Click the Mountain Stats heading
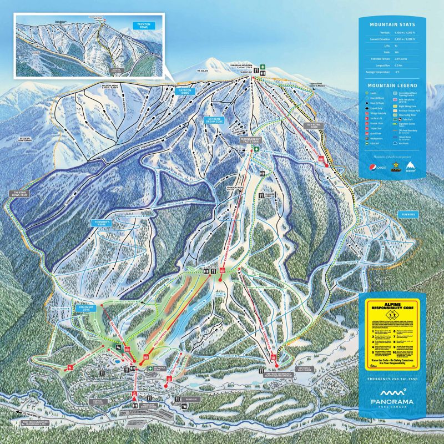pos(392,24)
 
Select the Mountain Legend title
pos(392,85)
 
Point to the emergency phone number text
pos(392,379)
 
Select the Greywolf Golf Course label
pos(307,367)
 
